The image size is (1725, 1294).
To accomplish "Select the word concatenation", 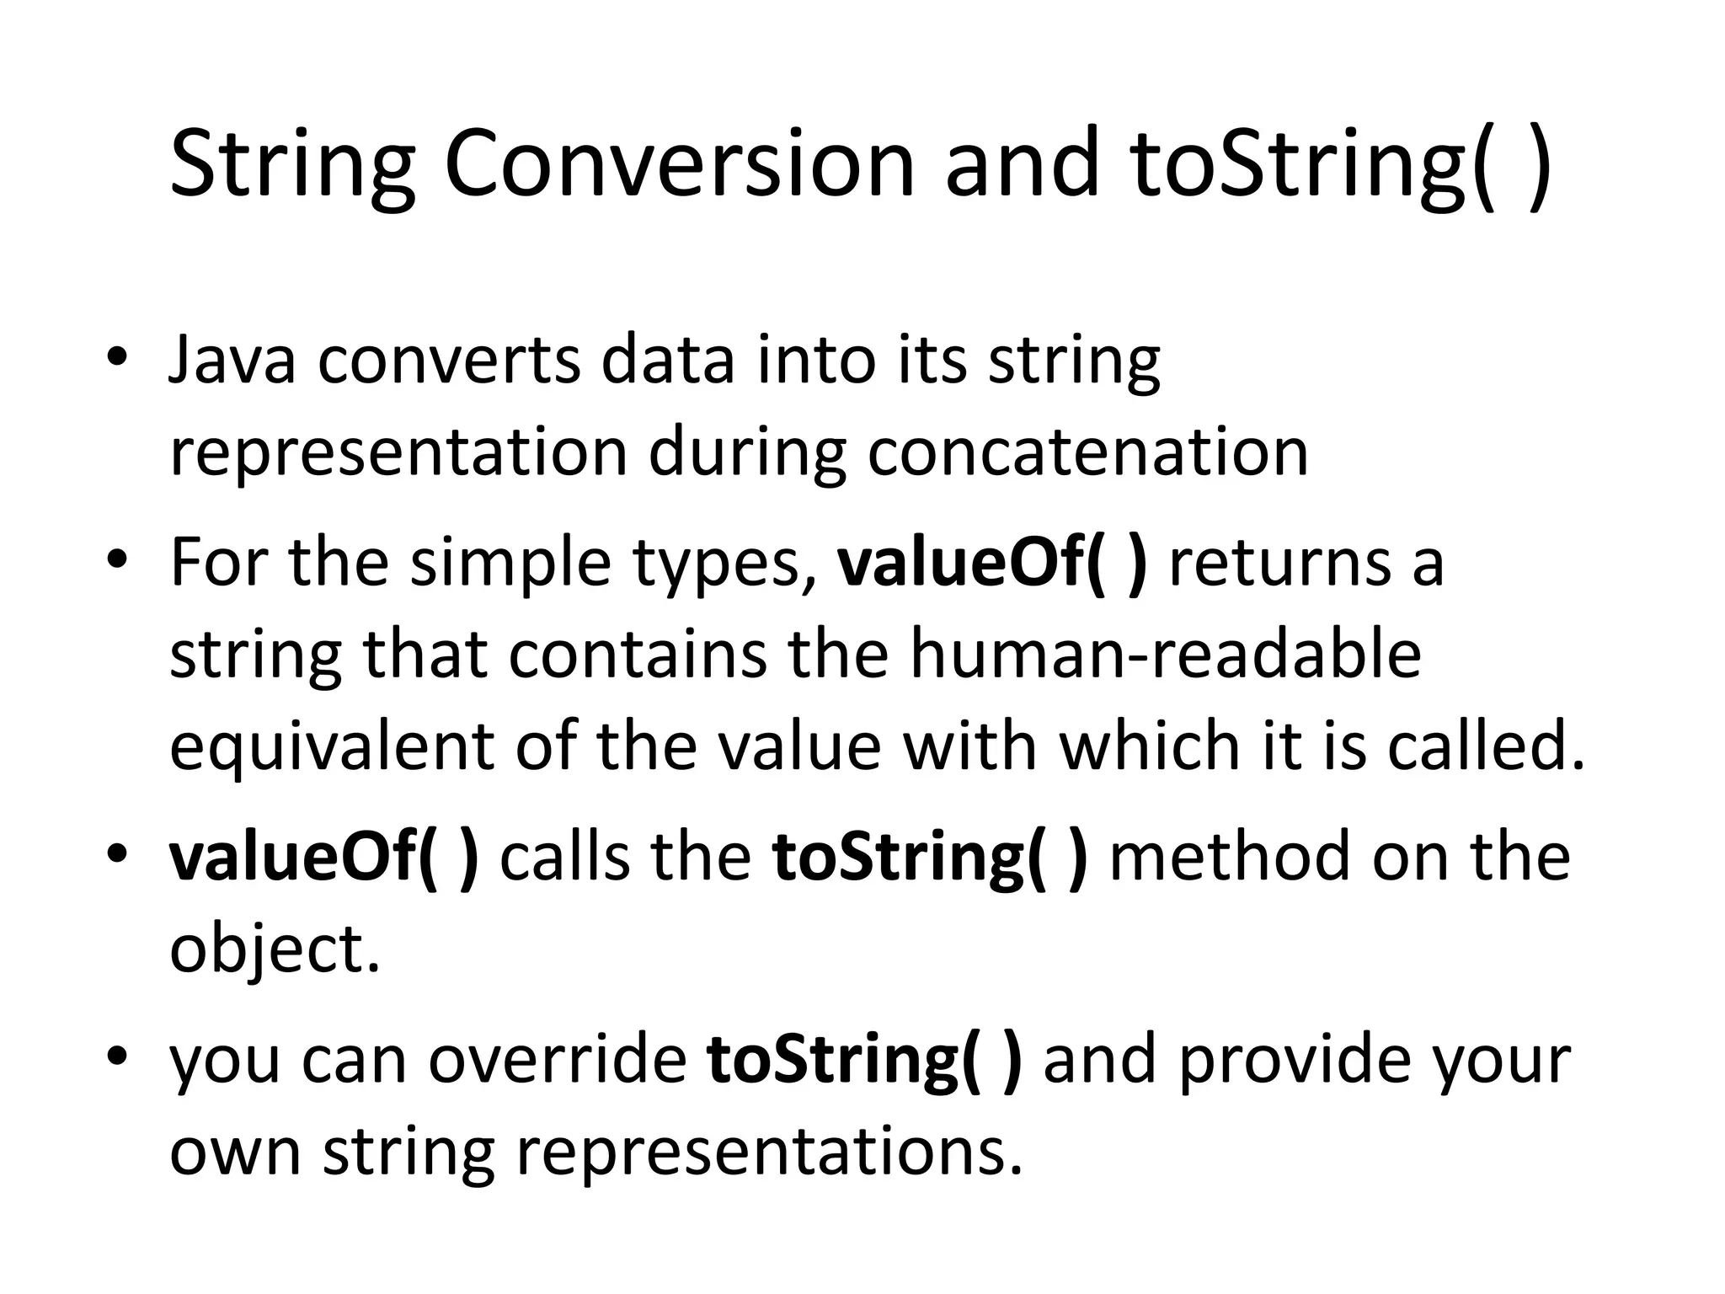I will point(1087,452).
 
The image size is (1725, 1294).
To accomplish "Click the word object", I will point(275,949).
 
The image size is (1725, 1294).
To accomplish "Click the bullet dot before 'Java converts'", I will point(117,357).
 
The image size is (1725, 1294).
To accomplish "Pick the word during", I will point(746,452).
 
